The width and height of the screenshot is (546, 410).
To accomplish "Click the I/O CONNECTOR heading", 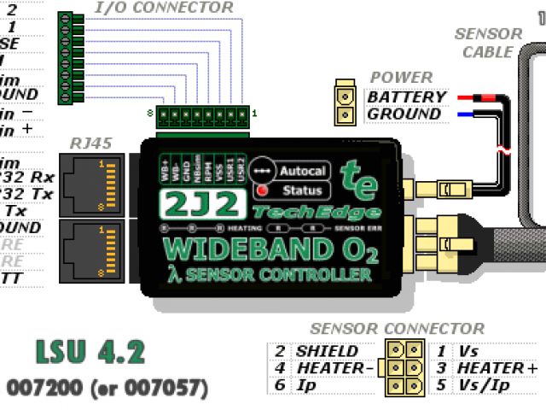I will pos(162,8).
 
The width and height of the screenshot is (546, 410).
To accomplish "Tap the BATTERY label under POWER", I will pos(405,97).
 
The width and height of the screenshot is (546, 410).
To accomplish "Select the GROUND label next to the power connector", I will pos(404,114).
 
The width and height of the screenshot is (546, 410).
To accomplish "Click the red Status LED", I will pos(263,190).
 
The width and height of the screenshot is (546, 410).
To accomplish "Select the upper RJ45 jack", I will pos(96,183).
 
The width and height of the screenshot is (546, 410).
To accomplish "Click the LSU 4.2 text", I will pos(90,351).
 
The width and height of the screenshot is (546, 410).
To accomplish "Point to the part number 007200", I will pos(40,388).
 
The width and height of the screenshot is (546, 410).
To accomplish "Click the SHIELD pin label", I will pos(327,350).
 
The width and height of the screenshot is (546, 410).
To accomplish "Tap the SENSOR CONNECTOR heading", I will pos(397,329).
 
